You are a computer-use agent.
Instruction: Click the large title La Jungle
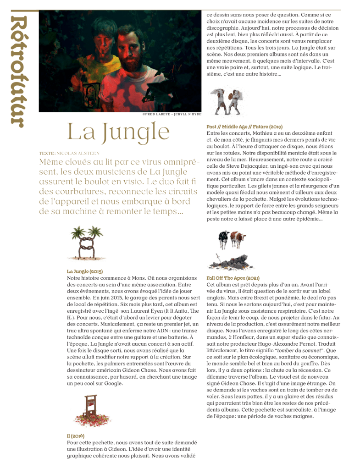click(x=118, y=132)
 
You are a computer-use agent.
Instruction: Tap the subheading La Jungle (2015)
click(x=85, y=271)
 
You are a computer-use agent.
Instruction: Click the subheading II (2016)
click(x=76, y=436)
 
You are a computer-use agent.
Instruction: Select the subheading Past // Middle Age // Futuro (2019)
click(x=244, y=127)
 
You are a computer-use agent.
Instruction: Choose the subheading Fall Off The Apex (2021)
click(x=233, y=278)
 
